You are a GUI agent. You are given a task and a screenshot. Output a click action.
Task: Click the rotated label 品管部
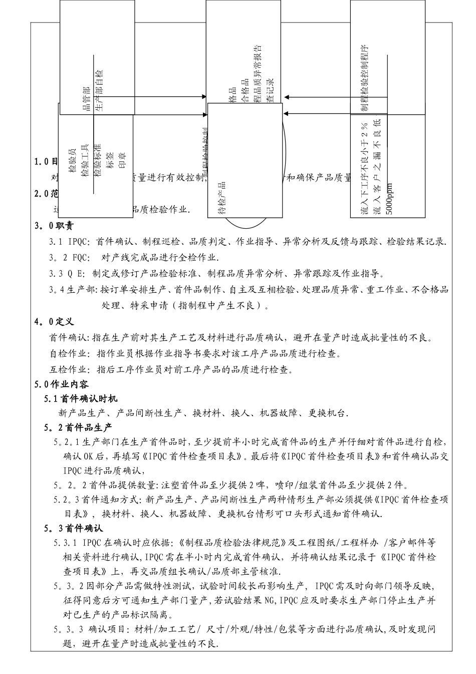point(86,98)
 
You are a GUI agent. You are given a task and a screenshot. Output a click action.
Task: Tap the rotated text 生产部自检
point(99,90)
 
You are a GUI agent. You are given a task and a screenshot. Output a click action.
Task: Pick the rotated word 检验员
point(73,160)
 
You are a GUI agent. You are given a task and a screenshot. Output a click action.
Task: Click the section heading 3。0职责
point(54,226)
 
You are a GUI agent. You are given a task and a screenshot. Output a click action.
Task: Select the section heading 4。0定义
point(54,321)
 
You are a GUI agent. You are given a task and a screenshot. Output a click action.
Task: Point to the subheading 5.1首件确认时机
point(81,399)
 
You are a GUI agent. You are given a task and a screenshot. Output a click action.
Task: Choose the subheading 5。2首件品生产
point(78,428)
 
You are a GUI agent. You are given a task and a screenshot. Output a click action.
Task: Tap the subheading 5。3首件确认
point(73,528)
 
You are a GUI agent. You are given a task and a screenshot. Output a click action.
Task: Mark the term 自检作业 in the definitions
point(68,354)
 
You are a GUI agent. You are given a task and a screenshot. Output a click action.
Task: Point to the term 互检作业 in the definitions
point(68,370)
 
